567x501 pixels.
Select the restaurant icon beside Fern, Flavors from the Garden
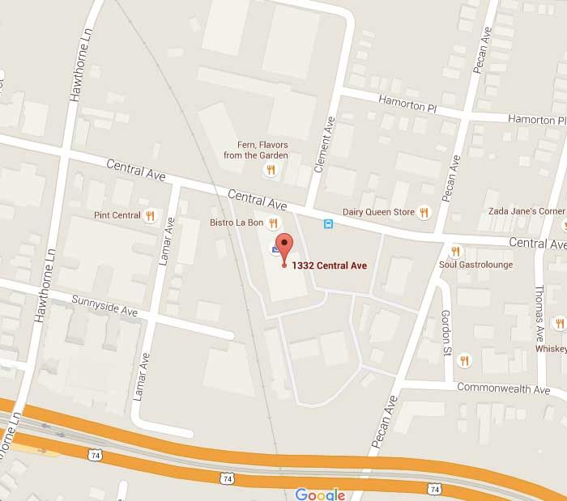(x=271, y=169)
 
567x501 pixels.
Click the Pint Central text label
(x=117, y=216)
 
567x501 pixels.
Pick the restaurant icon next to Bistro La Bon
(x=274, y=222)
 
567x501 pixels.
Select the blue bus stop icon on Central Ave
(x=328, y=224)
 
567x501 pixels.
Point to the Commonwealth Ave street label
(x=503, y=388)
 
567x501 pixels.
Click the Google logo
(x=320, y=494)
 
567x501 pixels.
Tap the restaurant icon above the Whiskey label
(x=557, y=324)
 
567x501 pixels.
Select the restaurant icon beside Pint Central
(x=150, y=216)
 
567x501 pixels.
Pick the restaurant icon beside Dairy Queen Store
(x=424, y=212)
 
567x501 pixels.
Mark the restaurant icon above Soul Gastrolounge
(x=455, y=251)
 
